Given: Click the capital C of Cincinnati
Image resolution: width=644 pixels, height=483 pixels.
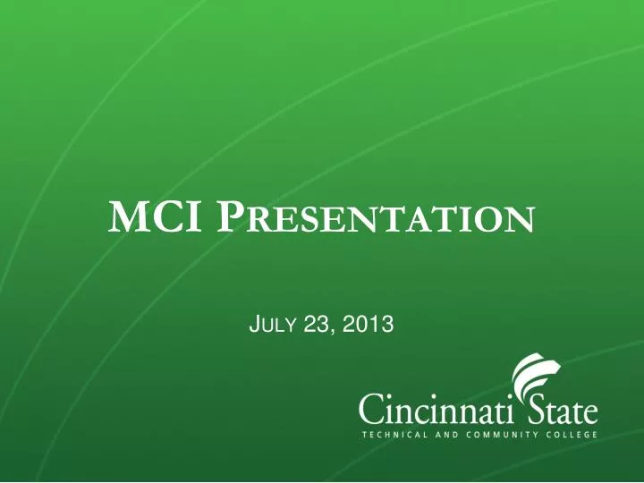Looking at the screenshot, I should tap(371, 412).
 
